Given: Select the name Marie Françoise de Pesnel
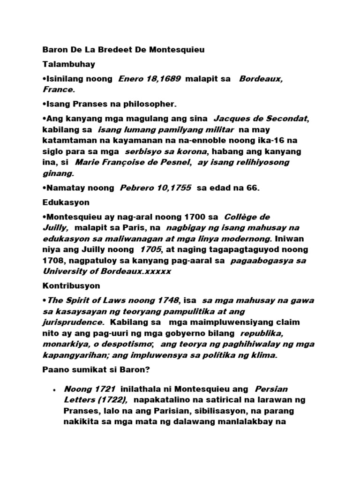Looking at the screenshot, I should coord(133,162).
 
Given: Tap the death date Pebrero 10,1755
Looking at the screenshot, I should coord(156,188).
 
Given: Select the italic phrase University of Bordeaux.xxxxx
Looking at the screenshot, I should coord(107,271).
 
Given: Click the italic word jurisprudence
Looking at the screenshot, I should coord(73,322).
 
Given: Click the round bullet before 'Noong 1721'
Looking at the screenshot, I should coord(55,390).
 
